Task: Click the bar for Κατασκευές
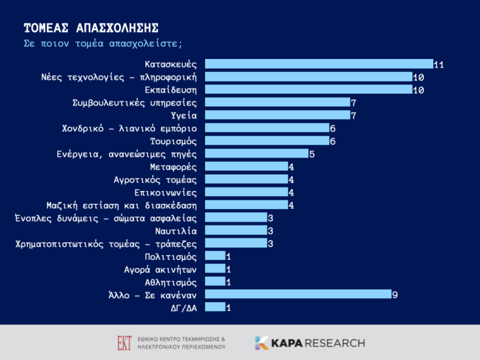(x=319, y=64)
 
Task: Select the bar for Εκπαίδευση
(x=309, y=89)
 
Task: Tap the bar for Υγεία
(x=278, y=115)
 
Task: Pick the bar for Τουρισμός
(x=267, y=140)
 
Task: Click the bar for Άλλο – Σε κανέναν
(x=298, y=294)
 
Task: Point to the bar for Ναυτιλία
(x=236, y=230)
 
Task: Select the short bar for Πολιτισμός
(x=215, y=255)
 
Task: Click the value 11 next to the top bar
(x=439, y=64)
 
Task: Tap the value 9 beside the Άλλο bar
(x=395, y=295)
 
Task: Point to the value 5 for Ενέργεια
(x=312, y=154)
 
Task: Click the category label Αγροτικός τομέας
(x=155, y=180)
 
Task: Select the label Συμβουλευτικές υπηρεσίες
(x=134, y=103)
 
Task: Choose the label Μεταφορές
(x=173, y=167)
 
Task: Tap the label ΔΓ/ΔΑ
(x=183, y=308)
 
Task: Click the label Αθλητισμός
(x=171, y=282)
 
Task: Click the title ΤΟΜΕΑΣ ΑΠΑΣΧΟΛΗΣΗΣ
(x=91, y=28)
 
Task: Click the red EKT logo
(x=125, y=343)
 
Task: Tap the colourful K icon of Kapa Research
(x=262, y=343)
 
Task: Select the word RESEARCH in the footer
(x=335, y=343)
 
